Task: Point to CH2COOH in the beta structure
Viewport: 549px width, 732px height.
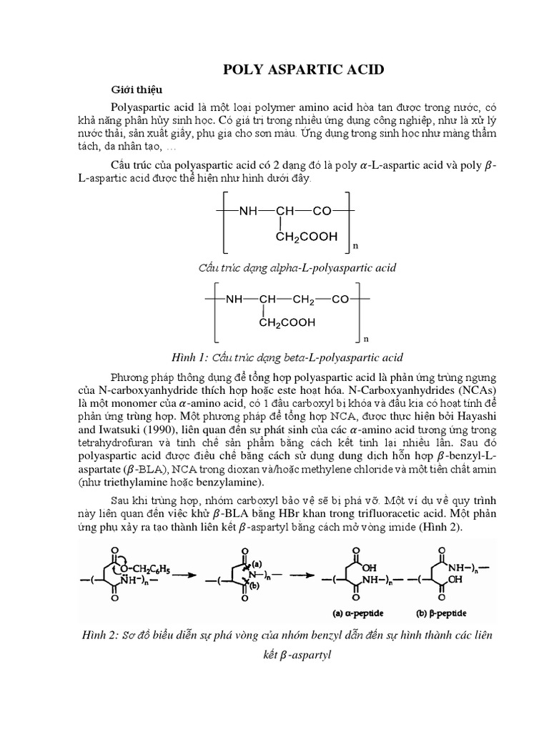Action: pyautogui.click(x=287, y=322)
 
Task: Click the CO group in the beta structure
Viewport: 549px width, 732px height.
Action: pyautogui.click(x=340, y=300)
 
